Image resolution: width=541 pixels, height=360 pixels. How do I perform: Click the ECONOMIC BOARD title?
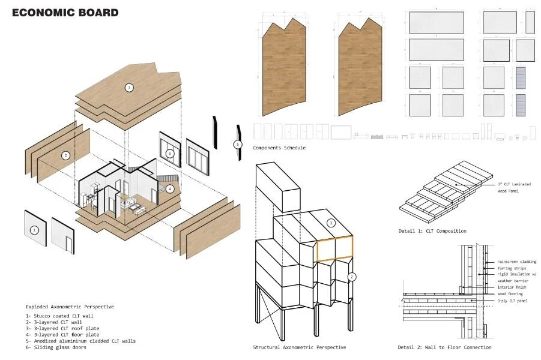click(65, 13)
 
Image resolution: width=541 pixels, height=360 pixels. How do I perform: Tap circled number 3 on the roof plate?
click(128, 88)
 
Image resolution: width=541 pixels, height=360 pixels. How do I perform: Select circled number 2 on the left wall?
click(66, 155)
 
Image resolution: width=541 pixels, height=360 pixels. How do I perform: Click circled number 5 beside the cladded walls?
click(237, 145)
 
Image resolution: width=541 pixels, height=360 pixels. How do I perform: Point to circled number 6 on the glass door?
click(170, 154)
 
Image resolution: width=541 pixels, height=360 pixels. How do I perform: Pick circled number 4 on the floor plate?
click(170, 188)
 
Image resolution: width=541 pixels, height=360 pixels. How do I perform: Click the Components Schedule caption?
click(279, 148)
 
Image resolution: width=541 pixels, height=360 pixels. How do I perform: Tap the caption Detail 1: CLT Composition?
click(432, 231)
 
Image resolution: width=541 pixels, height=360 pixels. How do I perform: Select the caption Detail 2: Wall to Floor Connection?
click(444, 347)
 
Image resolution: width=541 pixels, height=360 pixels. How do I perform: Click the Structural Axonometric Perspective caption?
click(299, 347)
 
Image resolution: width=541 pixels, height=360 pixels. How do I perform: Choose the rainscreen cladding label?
click(517, 262)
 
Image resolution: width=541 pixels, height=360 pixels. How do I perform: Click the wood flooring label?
click(510, 293)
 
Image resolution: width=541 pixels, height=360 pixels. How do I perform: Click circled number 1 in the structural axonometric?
click(330, 223)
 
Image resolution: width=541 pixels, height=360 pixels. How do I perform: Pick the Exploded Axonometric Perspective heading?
click(70, 306)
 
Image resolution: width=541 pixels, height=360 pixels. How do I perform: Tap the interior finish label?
click(512, 287)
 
